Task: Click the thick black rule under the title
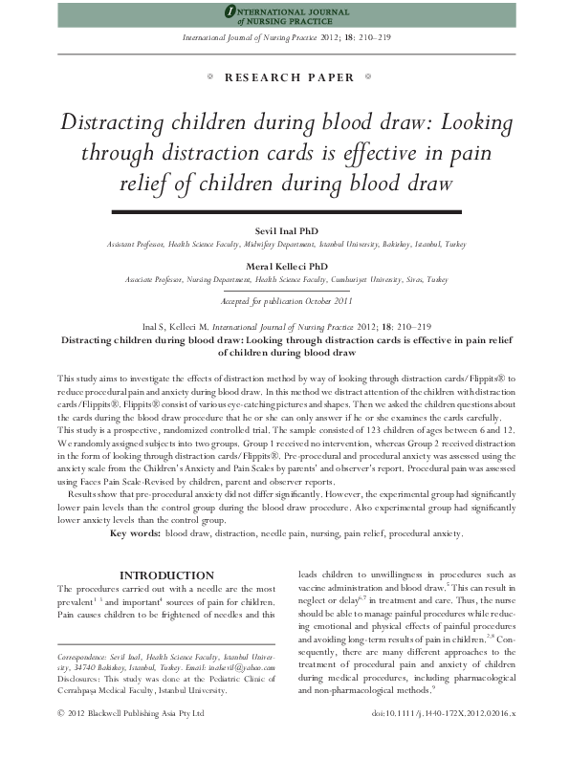[284, 209]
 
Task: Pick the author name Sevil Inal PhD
[284, 232]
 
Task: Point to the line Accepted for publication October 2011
[284, 300]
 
